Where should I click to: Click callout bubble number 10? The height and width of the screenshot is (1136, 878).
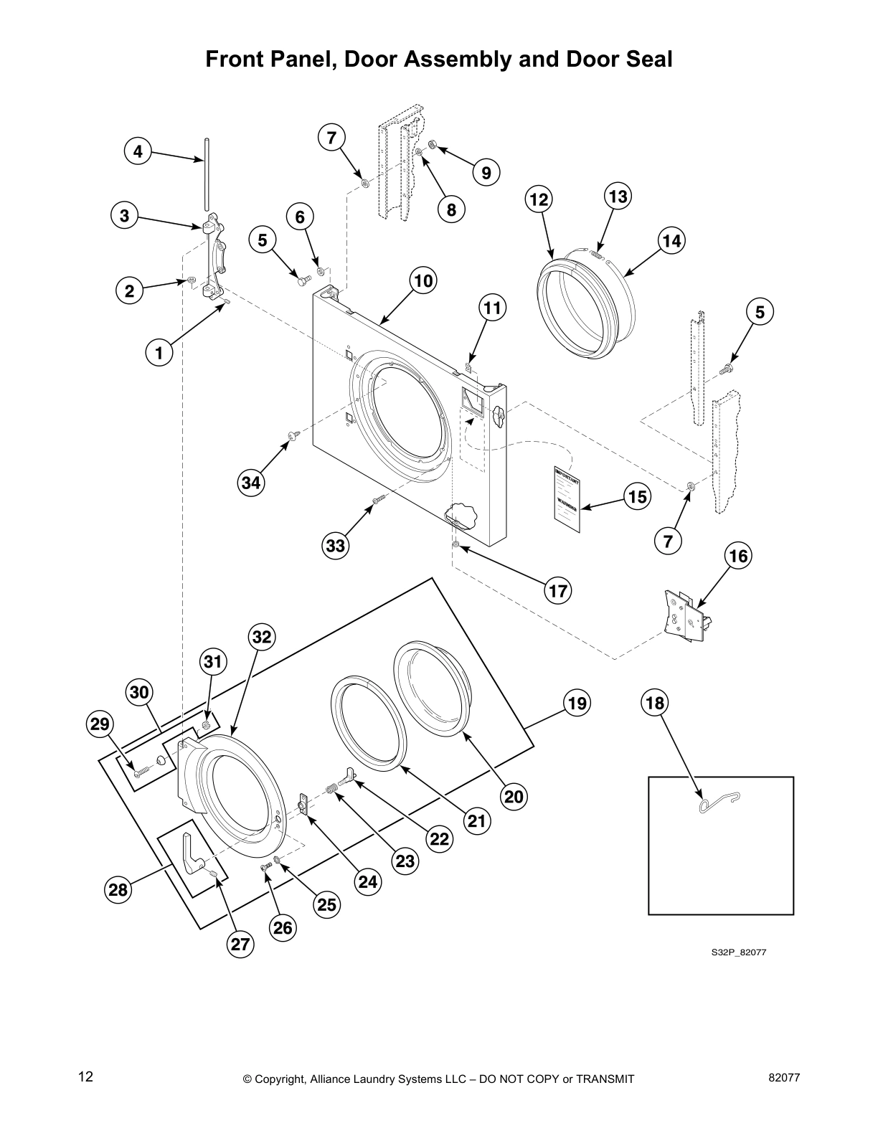click(x=423, y=281)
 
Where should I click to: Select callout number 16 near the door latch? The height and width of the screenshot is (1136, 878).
click(x=738, y=556)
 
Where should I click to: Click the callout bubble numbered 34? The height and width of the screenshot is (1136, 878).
click(x=250, y=483)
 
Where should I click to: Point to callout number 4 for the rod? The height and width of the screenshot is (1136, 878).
click(x=138, y=152)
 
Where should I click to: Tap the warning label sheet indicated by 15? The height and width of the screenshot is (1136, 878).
click(x=567, y=501)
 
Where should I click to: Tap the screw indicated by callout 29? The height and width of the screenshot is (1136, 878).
click(x=141, y=771)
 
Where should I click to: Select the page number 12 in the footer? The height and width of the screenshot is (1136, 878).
click(x=85, y=1076)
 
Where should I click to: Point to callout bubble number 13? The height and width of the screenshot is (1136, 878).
click(x=618, y=197)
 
